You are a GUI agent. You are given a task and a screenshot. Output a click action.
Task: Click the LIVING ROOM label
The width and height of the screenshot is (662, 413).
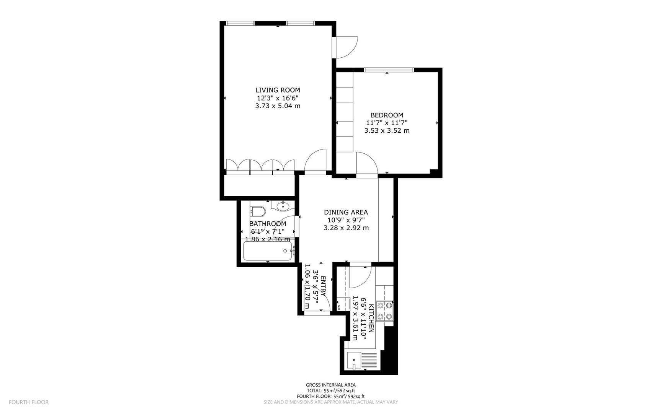click(x=278, y=90)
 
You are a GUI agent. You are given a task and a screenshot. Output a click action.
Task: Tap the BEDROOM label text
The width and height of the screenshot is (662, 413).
click(x=387, y=115)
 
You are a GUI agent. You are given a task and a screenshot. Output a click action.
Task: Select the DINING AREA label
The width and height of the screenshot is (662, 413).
click(x=346, y=212)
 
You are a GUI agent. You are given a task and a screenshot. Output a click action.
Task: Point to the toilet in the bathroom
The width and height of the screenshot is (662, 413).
click(x=258, y=211)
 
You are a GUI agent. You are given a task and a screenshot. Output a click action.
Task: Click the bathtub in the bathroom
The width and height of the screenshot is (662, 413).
click(x=268, y=251)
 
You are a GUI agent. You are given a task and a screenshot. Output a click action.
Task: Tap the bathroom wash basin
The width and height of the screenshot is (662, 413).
click(x=283, y=206)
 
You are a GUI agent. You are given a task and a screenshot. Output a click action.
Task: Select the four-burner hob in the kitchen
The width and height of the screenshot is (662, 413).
click(x=384, y=311)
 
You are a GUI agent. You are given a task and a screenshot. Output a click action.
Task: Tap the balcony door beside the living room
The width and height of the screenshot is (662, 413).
click(x=346, y=47)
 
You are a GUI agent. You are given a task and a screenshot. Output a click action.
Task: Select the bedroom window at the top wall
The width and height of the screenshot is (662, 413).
click(x=389, y=70)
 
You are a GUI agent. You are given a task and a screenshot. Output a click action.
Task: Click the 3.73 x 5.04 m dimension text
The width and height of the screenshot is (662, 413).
click(x=278, y=106)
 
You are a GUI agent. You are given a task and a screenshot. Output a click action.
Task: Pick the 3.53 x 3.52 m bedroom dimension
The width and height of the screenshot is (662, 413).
click(x=387, y=131)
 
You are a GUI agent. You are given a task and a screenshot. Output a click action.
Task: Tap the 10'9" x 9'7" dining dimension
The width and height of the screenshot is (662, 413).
click(x=346, y=220)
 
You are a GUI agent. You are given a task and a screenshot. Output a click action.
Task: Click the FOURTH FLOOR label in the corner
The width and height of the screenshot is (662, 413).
click(x=29, y=402)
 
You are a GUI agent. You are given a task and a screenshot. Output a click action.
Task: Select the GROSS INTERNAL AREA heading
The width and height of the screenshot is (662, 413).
click(x=330, y=385)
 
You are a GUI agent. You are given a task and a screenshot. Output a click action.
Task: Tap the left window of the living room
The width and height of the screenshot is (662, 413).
click(x=240, y=23)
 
